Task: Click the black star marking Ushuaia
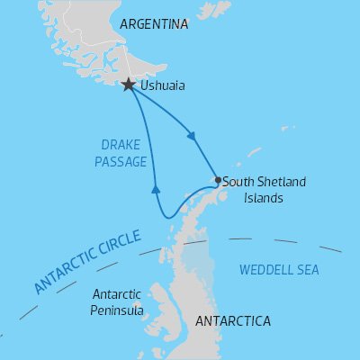point(129,85)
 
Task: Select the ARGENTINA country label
point(153,24)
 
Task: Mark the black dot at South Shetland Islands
point(218,180)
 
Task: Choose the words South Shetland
point(264,181)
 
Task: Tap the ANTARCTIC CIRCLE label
point(87,262)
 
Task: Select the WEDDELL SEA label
point(279,269)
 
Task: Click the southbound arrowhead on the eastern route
point(191,137)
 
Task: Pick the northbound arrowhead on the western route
point(156,188)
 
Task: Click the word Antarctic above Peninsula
point(117,293)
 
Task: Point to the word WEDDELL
point(265,269)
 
